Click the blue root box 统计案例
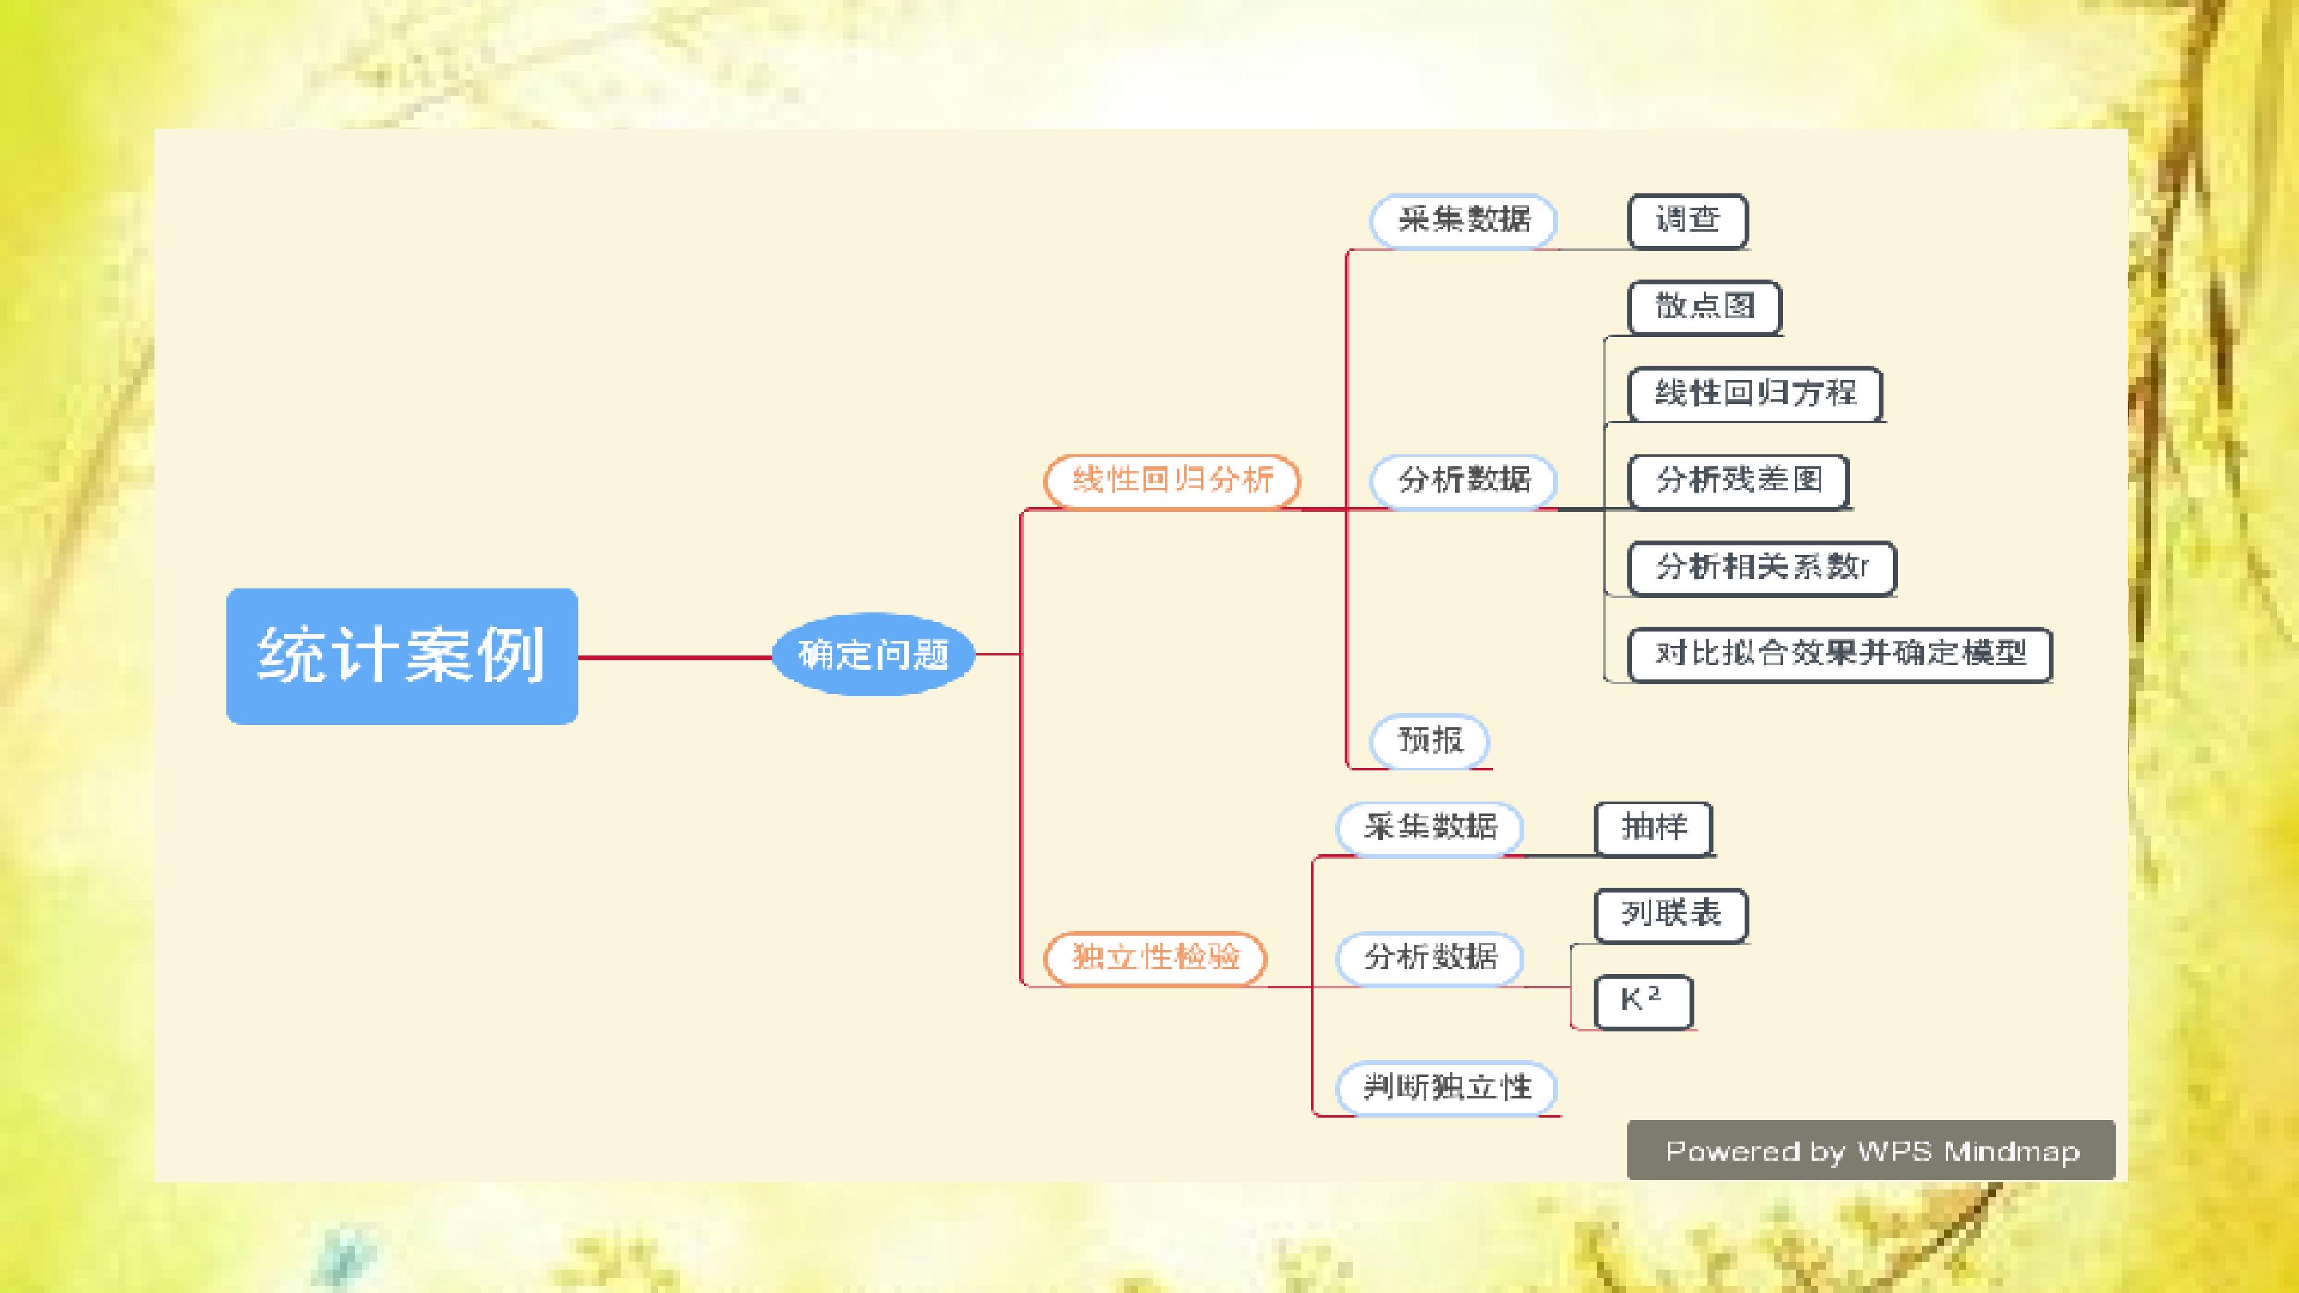(x=402, y=656)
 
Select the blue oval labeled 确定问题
(x=873, y=654)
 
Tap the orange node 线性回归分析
(x=1172, y=480)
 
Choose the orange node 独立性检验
(x=1155, y=958)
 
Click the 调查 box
(x=1688, y=220)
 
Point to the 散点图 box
(x=1704, y=307)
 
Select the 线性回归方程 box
(x=1755, y=393)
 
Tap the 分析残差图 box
(x=1739, y=481)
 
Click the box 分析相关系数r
(x=1762, y=567)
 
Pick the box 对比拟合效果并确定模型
(x=1840, y=654)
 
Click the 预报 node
(x=1430, y=740)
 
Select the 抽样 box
(x=1654, y=828)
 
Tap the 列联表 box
(x=1671, y=915)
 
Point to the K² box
(x=1643, y=1001)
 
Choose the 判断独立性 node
(x=1446, y=1088)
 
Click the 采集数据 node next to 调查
(x=1464, y=220)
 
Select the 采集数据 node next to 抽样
(x=1430, y=828)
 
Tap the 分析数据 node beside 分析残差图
(x=1464, y=481)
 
